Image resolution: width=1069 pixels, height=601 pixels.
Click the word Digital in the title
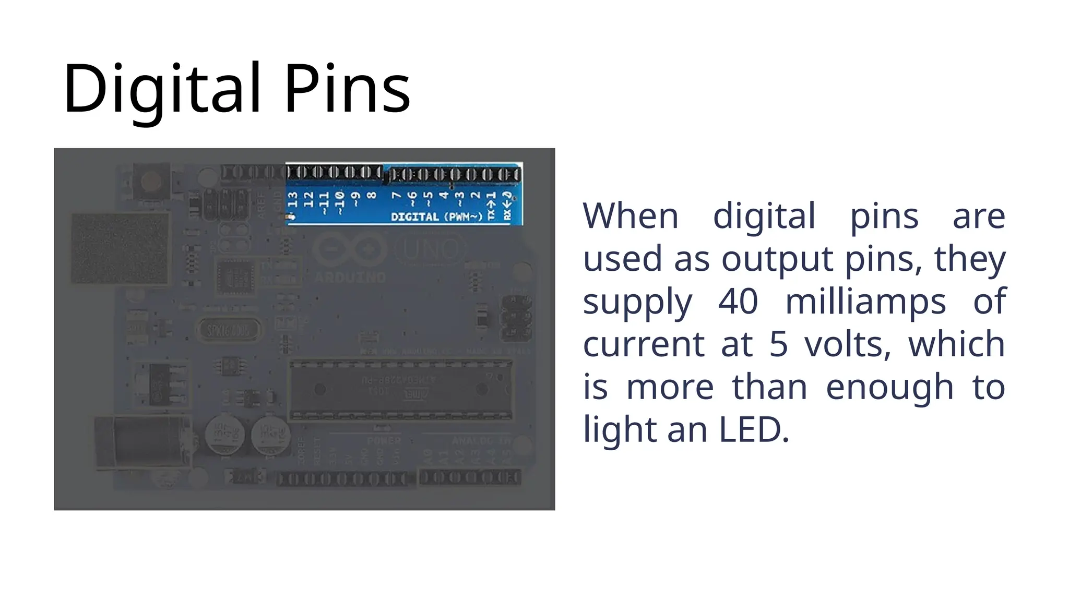(161, 89)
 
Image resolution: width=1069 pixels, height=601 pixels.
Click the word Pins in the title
(347, 89)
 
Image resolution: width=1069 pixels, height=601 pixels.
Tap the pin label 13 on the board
(293, 199)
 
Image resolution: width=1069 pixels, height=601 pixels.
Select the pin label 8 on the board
(372, 196)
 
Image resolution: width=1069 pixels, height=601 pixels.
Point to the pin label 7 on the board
(397, 196)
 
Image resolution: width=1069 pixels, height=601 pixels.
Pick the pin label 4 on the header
(444, 196)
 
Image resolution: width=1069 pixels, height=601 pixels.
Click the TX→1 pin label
(491, 206)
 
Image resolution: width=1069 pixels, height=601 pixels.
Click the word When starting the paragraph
(631, 216)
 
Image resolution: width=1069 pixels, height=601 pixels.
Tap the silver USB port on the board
(120, 248)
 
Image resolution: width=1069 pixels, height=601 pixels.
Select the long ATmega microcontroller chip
(401, 389)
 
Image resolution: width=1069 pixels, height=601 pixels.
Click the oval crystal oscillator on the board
(228, 330)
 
